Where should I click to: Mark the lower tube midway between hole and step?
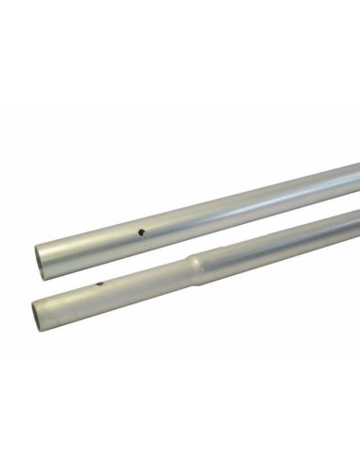146,277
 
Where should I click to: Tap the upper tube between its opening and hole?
90,245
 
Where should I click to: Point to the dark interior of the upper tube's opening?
40,257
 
